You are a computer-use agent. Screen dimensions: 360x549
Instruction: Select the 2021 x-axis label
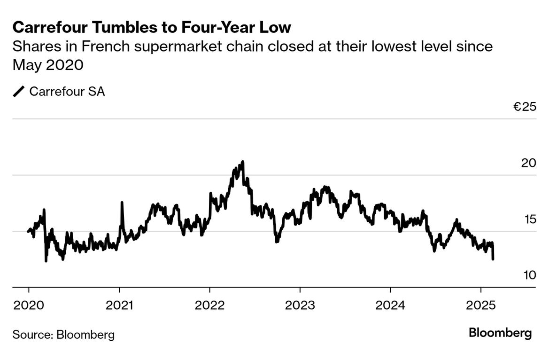[119, 305]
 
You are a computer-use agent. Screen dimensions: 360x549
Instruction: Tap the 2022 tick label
[209, 305]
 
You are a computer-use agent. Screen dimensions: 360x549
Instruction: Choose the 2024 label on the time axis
[390, 305]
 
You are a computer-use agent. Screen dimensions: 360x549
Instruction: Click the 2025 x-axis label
[480, 305]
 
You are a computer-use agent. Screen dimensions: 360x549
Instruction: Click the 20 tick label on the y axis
[528, 163]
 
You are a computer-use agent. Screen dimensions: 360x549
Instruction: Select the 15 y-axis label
[529, 219]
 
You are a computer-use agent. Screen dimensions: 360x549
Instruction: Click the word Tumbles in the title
[111, 28]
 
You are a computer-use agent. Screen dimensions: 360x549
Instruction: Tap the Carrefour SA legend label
[67, 91]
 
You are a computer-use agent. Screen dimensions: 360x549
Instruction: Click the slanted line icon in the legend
[19, 91]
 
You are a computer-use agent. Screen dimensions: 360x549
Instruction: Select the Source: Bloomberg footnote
[63, 335]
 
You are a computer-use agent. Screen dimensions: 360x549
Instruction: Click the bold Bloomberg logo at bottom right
[500, 333]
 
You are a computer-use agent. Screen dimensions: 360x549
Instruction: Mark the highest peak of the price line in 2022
[242, 162]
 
